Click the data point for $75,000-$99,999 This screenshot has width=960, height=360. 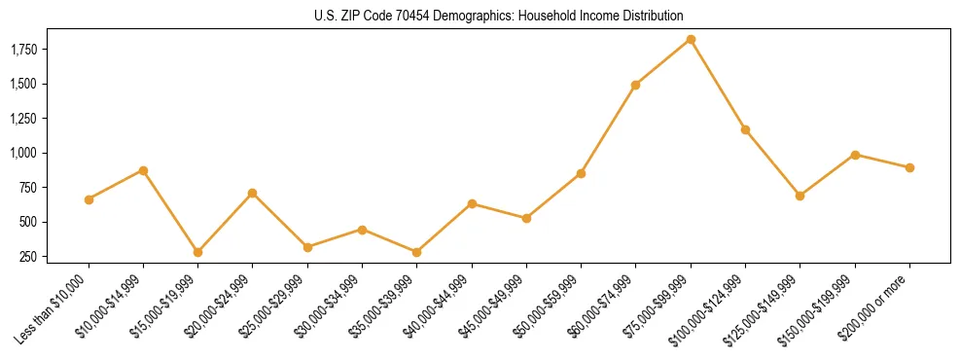pyautogui.click(x=691, y=39)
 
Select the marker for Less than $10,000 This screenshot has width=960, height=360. pyautogui.click(x=89, y=199)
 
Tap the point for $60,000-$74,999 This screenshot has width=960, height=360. pyautogui.click(x=635, y=85)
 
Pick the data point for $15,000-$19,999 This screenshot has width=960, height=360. pyautogui.click(x=197, y=252)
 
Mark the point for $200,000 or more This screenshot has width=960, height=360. pyautogui.click(x=909, y=167)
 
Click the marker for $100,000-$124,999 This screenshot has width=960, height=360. pyautogui.click(x=745, y=129)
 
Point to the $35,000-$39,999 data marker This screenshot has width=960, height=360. pyautogui.click(x=416, y=252)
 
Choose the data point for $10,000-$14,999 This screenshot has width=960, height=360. pyautogui.click(x=143, y=170)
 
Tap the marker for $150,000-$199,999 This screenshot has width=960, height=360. pyautogui.click(x=855, y=155)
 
